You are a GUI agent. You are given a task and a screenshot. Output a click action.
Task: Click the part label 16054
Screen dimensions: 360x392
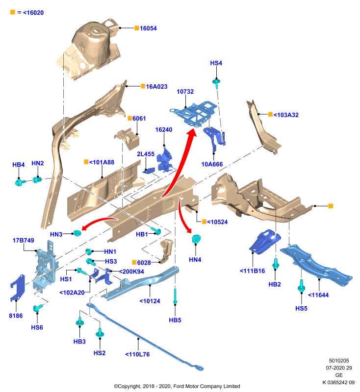[x=148, y=28]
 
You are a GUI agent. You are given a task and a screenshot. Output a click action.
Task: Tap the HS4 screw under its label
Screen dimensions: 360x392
[x=216, y=83]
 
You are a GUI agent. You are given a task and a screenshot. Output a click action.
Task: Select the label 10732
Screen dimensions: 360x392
[x=185, y=92]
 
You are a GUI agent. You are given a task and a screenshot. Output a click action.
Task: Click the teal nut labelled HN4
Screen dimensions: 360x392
[x=196, y=239]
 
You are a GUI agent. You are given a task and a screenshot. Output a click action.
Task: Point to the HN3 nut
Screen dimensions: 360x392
[x=77, y=233]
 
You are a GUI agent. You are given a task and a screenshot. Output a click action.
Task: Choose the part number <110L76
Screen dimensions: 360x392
[x=137, y=354]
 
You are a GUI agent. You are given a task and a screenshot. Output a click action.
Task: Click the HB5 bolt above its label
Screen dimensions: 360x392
[x=175, y=296]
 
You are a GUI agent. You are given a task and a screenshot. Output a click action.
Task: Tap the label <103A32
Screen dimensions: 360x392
[x=286, y=115]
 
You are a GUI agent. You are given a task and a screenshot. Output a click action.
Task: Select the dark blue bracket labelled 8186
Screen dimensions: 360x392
[x=18, y=287]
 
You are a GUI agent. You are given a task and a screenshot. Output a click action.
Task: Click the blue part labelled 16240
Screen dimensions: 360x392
[x=164, y=160]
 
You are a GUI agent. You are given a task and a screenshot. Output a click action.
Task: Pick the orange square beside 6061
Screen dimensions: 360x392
[x=129, y=118]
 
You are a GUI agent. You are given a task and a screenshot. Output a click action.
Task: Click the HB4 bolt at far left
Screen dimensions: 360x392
[x=20, y=182]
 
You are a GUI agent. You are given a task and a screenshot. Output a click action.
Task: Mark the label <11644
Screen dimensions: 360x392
[x=318, y=295]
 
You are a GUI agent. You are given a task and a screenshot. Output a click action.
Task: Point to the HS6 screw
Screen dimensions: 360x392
[x=38, y=308]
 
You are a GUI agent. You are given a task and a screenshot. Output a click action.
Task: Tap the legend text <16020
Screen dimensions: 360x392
[x=33, y=13]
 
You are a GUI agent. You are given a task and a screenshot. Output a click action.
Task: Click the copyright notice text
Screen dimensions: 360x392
[x=177, y=386]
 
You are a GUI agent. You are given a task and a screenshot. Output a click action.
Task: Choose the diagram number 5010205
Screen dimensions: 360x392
[x=339, y=361]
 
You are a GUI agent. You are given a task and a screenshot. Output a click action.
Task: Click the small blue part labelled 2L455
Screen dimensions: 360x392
[x=149, y=171]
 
